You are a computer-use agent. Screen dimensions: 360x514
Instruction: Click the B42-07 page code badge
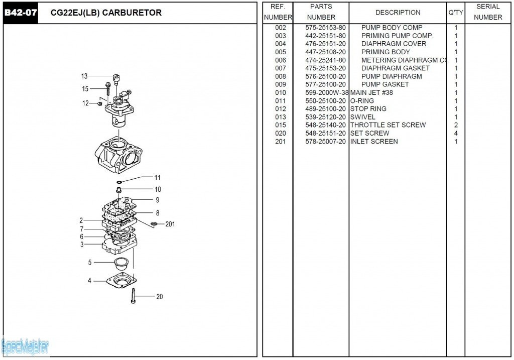[21, 13]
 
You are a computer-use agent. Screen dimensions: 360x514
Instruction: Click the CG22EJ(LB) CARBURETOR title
[106, 13]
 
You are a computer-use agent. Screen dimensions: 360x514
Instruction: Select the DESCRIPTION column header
[398, 13]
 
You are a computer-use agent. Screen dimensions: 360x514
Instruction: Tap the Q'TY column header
[455, 13]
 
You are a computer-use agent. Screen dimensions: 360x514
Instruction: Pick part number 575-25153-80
[325, 28]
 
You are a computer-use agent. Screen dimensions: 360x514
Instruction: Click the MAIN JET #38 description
[371, 93]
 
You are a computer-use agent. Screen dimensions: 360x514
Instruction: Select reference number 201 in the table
[280, 142]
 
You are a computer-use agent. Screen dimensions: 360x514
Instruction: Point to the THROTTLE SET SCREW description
[388, 125]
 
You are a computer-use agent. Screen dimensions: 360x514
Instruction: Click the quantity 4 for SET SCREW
[456, 134]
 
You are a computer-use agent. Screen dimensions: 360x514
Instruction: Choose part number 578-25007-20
[325, 142]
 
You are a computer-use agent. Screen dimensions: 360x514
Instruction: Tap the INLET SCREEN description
[374, 142]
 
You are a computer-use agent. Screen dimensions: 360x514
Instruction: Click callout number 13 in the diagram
[84, 76]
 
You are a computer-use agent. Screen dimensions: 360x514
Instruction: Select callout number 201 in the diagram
[170, 224]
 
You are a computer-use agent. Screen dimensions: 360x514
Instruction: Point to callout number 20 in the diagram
[159, 297]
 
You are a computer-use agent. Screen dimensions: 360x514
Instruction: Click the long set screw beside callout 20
[134, 296]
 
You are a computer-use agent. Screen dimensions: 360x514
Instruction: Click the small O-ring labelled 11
[119, 182]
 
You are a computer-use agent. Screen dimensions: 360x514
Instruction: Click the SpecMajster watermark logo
[25, 346]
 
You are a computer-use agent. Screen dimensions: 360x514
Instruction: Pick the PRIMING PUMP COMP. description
[397, 36]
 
